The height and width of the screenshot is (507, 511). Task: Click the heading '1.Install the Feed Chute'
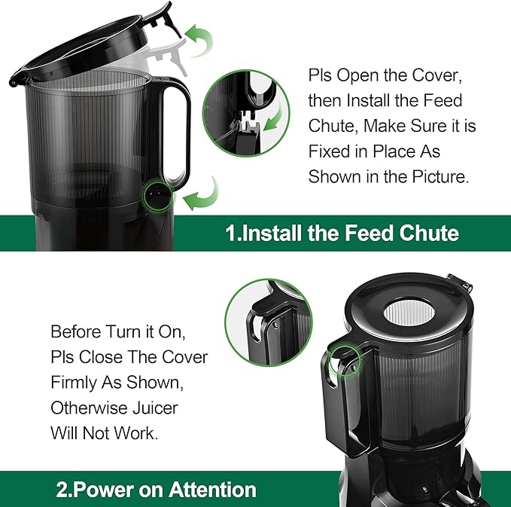click(x=342, y=233)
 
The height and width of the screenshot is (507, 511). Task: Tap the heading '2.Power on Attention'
click(x=156, y=490)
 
